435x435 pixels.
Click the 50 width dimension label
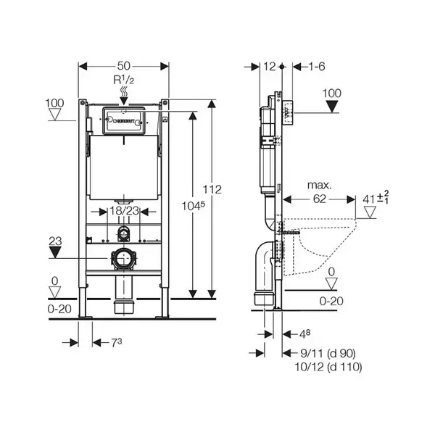click(x=123, y=66)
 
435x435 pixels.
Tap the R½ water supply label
click(x=124, y=80)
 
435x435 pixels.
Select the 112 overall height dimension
click(x=212, y=189)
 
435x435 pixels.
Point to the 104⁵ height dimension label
click(x=194, y=206)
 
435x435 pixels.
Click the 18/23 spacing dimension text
click(x=124, y=211)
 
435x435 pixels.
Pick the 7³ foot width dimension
click(x=117, y=343)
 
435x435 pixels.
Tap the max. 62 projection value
click(x=319, y=199)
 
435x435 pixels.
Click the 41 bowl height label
click(x=376, y=197)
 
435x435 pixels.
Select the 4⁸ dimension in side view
click(x=304, y=333)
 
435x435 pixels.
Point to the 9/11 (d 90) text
click(x=328, y=353)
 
